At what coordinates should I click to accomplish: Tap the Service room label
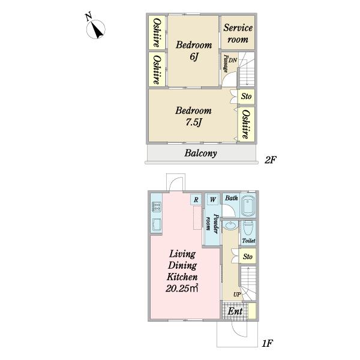238,34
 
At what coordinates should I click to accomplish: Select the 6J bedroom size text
194,56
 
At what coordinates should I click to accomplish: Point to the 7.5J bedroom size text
193,122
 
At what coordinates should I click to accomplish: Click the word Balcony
200,153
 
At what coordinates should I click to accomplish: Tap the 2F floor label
270,160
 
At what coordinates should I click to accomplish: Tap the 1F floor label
268,343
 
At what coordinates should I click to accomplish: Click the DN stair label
233,61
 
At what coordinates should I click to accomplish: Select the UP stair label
237,294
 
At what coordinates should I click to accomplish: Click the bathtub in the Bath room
248,206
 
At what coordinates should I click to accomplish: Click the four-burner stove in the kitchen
157,206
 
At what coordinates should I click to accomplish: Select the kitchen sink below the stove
157,224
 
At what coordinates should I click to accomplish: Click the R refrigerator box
196,200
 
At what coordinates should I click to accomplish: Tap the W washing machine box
213,200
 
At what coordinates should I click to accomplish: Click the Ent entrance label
235,311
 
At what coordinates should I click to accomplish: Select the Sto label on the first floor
247,256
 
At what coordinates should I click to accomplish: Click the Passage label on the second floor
226,64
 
